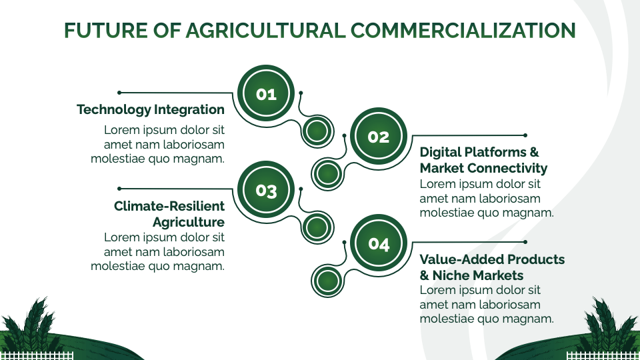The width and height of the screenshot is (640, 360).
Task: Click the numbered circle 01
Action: (x=266, y=94)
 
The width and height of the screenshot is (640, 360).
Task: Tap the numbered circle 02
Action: (x=378, y=137)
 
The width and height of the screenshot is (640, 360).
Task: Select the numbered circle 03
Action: (x=266, y=191)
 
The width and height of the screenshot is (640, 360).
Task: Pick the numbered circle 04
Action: (x=378, y=244)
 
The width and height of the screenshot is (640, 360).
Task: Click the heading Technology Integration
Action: (x=151, y=109)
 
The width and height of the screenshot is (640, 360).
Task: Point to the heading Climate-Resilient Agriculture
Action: (x=169, y=214)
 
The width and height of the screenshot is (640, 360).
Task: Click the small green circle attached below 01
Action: (x=317, y=131)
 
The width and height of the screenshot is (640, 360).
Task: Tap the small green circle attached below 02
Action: (x=327, y=174)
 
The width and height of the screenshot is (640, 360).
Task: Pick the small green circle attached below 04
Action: (x=327, y=281)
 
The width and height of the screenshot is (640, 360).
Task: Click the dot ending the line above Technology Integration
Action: (x=119, y=93)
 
